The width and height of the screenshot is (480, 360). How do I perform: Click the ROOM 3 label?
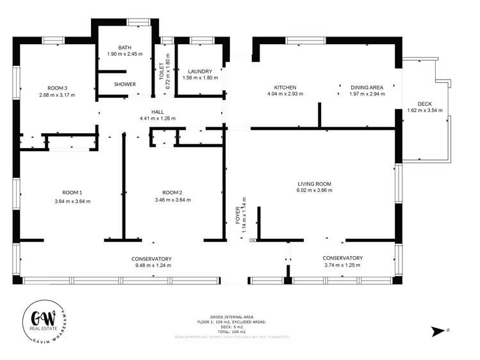pyautogui.click(x=57, y=88)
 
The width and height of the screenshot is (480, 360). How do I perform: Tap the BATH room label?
pyautogui.click(x=124, y=47)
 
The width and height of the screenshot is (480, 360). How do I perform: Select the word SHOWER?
pyautogui.click(x=124, y=84)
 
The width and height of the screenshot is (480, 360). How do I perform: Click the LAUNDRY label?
pyautogui.click(x=200, y=71)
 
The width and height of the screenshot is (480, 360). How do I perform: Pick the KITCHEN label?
pyautogui.click(x=285, y=87)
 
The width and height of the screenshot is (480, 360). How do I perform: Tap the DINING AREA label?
pyautogui.click(x=366, y=87)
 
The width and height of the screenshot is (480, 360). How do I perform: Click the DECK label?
pyautogui.click(x=425, y=104)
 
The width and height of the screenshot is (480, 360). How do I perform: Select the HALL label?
pyautogui.click(x=158, y=111)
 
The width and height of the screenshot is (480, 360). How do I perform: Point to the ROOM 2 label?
pyautogui.click(x=172, y=192)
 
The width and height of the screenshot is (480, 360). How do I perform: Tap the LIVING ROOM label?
pyautogui.click(x=314, y=183)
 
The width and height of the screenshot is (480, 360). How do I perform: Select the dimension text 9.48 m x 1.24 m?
pyautogui.click(x=153, y=265)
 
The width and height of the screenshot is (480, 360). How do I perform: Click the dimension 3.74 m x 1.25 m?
pyautogui.click(x=343, y=265)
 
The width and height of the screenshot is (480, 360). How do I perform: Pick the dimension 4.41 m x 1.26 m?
pyautogui.click(x=158, y=119)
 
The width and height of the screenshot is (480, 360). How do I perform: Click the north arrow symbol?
pyautogui.click(x=439, y=331)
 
